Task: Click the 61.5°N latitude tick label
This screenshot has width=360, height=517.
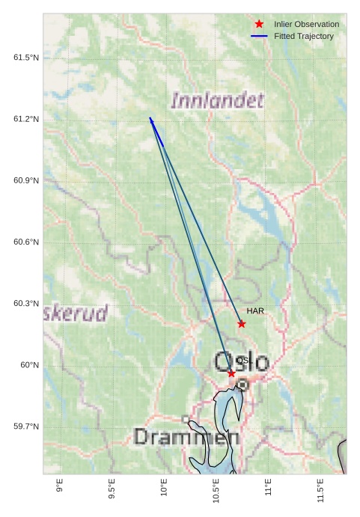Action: [x=25, y=58]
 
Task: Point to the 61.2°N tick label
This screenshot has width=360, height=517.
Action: [x=25, y=120]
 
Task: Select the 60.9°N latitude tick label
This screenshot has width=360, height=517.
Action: [x=25, y=181]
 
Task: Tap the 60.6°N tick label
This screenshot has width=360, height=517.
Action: [x=25, y=242]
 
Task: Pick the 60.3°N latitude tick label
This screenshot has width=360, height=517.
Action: [x=25, y=304]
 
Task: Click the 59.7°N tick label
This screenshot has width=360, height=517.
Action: [x=25, y=426]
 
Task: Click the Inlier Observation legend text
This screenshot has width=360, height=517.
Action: [x=306, y=25]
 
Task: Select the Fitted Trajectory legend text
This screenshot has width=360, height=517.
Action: [x=304, y=36]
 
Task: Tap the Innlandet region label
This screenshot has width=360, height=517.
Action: [x=217, y=100]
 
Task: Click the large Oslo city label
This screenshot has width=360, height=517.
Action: [x=242, y=362]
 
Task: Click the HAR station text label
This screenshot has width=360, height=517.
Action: [x=256, y=310]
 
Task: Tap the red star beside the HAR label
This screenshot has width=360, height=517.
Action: [x=242, y=324]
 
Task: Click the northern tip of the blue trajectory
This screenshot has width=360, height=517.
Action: [x=150, y=118]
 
